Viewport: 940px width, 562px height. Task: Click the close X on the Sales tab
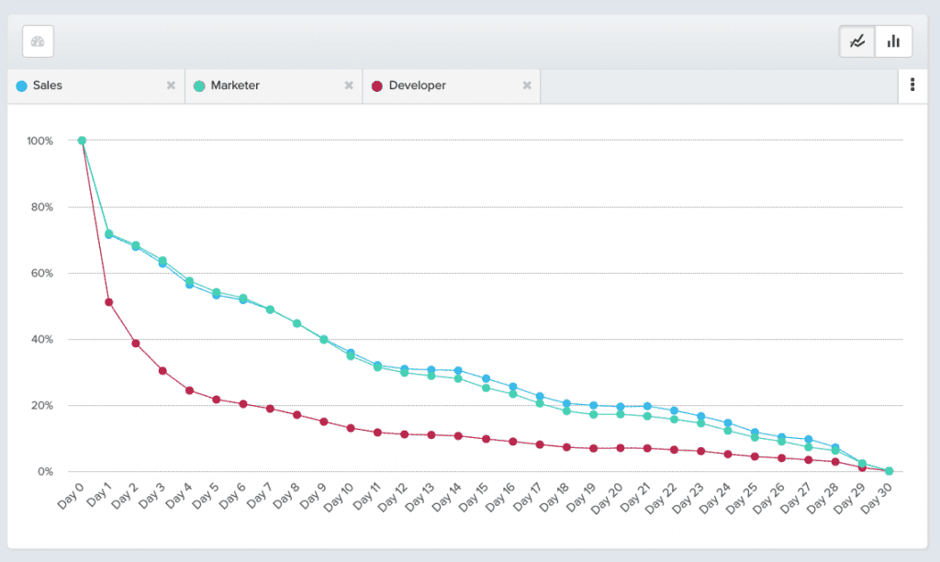(x=171, y=85)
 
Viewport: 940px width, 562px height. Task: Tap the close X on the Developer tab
(x=527, y=85)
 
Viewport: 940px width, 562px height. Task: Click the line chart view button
(x=857, y=41)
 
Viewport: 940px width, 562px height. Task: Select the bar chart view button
(x=894, y=41)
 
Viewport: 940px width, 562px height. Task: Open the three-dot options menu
(x=912, y=85)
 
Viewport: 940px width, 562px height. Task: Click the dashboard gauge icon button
(x=38, y=41)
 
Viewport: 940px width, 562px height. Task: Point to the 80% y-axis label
(x=41, y=207)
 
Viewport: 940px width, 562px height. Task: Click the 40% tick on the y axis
(x=41, y=339)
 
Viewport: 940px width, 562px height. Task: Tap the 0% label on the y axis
(x=45, y=471)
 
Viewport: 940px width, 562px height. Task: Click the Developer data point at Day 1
(x=108, y=302)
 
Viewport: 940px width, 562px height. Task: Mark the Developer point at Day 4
(x=189, y=390)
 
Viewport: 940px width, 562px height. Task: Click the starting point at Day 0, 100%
(x=82, y=140)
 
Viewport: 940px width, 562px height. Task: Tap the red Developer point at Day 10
(x=351, y=428)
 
